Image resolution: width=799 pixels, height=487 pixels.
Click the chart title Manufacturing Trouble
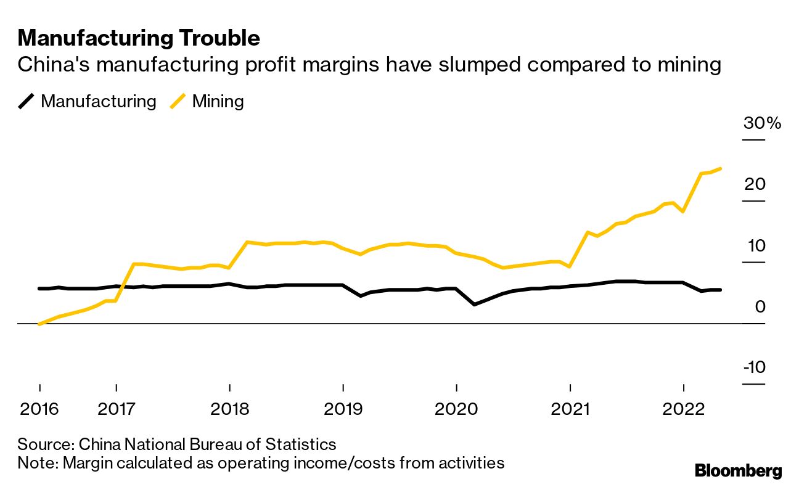[139, 38]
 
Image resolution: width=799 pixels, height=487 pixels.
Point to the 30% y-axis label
[762, 123]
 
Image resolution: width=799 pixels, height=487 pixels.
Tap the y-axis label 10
[757, 245]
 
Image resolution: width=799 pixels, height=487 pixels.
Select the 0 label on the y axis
[760, 306]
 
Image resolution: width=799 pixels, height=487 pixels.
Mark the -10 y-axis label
[755, 367]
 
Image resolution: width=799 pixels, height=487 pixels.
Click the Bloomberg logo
[739, 472]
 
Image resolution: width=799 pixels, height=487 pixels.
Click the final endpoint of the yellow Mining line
[721, 168]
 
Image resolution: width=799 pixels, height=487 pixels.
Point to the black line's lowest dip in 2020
[474, 305]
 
